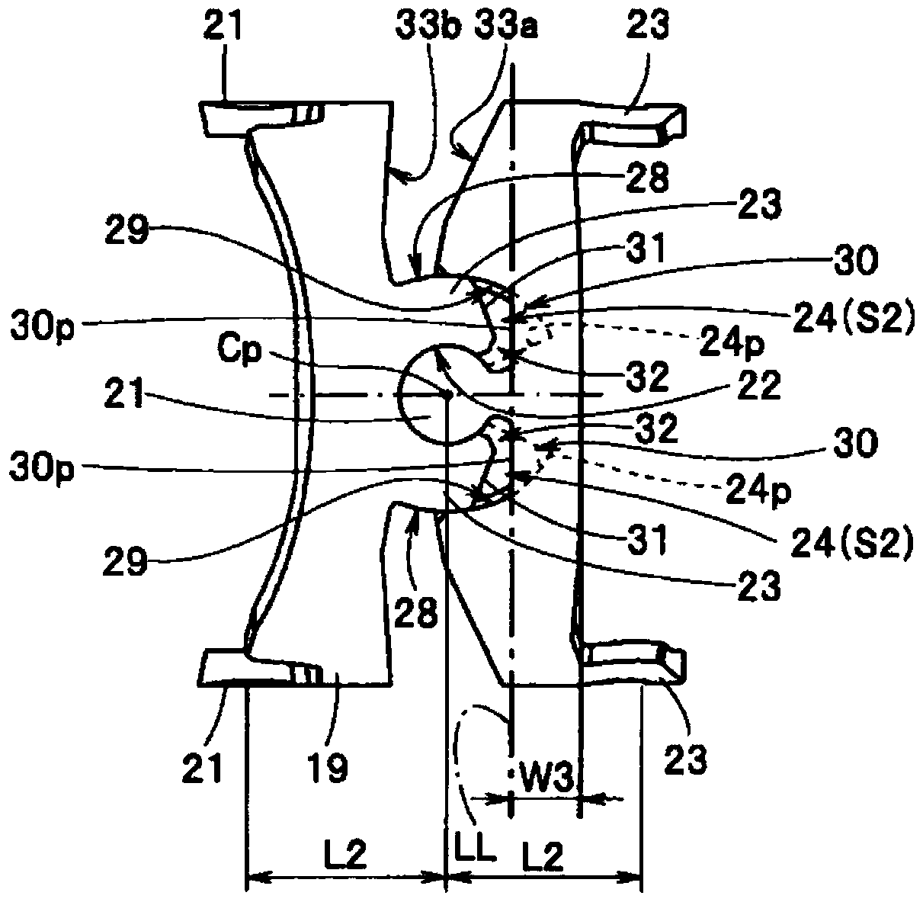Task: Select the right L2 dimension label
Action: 543,859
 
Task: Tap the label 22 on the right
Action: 760,389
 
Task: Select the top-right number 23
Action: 648,28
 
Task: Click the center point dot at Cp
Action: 448,395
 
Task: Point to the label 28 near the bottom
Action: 418,612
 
